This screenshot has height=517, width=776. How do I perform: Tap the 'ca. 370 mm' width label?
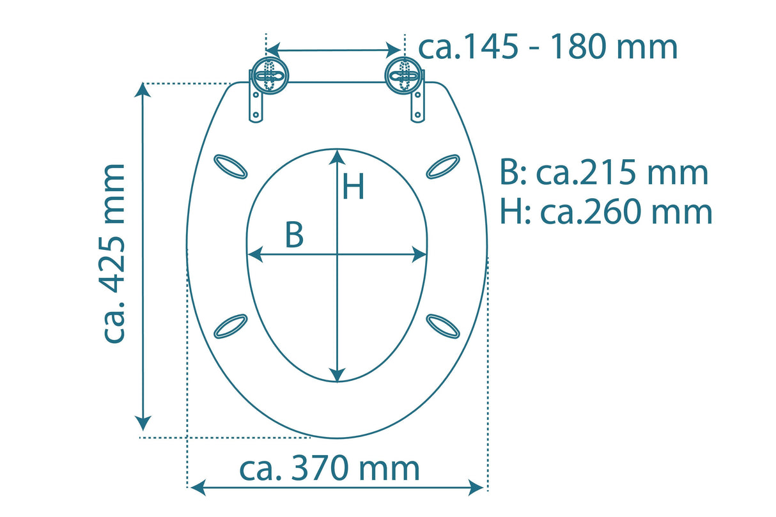329,468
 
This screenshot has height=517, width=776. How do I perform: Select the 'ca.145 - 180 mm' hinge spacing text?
547,47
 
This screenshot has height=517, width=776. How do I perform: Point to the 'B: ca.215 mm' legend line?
604,173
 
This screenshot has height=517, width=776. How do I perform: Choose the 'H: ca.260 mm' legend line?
606,212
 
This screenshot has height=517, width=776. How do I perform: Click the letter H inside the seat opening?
353,187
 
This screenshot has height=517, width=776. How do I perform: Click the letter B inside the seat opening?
293,236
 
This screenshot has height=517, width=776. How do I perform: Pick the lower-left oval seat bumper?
230,325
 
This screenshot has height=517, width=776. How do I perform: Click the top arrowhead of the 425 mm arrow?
143,91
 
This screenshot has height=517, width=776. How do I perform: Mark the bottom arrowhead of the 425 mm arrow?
143,422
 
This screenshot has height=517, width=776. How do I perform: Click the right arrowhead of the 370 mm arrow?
476,488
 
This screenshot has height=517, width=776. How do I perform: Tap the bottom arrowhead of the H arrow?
337,374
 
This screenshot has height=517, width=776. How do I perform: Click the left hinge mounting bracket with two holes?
256,105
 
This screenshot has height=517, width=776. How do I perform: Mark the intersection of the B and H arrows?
337,255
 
